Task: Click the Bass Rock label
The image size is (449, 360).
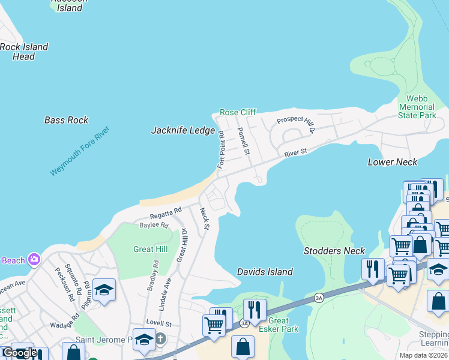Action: tap(66, 120)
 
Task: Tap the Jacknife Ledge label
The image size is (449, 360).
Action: tap(182, 130)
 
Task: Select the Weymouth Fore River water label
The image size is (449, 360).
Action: tap(80, 151)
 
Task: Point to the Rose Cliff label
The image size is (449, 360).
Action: tap(238, 112)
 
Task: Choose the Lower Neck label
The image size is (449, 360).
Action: tap(393, 162)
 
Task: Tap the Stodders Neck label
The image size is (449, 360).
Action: tap(334, 251)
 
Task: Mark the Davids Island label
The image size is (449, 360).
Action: tap(265, 272)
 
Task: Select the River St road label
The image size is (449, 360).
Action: tap(295, 153)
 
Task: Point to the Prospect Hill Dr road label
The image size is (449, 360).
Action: tap(296, 121)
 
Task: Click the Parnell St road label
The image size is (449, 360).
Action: tap(243, 141)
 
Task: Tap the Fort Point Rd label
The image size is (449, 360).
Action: tap(221, 150)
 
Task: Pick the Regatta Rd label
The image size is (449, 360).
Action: tap(166, 212)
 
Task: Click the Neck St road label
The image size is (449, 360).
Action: tap(204, 218)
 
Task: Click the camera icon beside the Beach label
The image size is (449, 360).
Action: tap(34, 259)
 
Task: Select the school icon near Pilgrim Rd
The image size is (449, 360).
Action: tap(104, 290)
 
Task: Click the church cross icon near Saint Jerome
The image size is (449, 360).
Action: tap(160, 340)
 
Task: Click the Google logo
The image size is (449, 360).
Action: tap(20, 353)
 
